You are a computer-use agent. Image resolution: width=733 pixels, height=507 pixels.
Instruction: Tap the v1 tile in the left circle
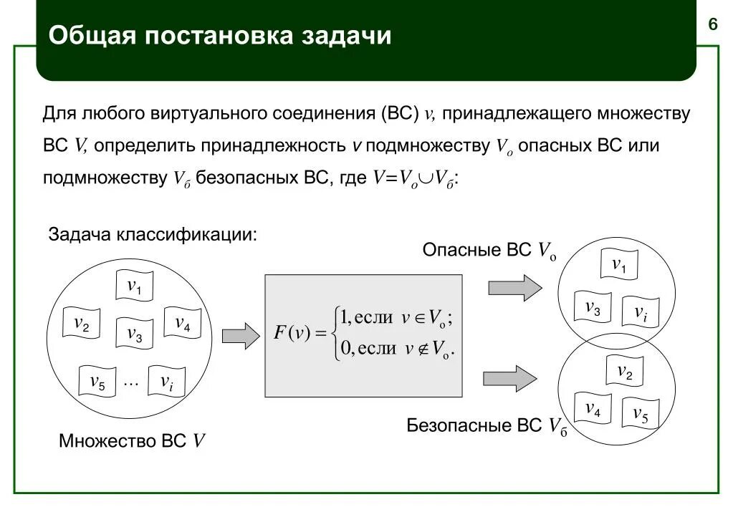(x=135, y=286)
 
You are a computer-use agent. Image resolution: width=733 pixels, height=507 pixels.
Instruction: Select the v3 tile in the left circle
(x=135, y=333)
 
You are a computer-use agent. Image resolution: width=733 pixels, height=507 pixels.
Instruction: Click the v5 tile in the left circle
(x=97, y=382)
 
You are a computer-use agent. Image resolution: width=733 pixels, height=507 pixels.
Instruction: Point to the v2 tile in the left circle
(x=82, y=324)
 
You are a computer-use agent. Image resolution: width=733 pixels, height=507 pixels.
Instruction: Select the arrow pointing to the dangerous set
(x=512, y=288)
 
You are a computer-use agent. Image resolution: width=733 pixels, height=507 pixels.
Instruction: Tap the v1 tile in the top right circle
(x=619, y=265)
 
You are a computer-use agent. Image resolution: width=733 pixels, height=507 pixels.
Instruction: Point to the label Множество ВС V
(x=133, y=441)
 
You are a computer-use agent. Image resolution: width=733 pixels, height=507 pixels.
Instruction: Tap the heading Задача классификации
(x=152, y=234)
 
